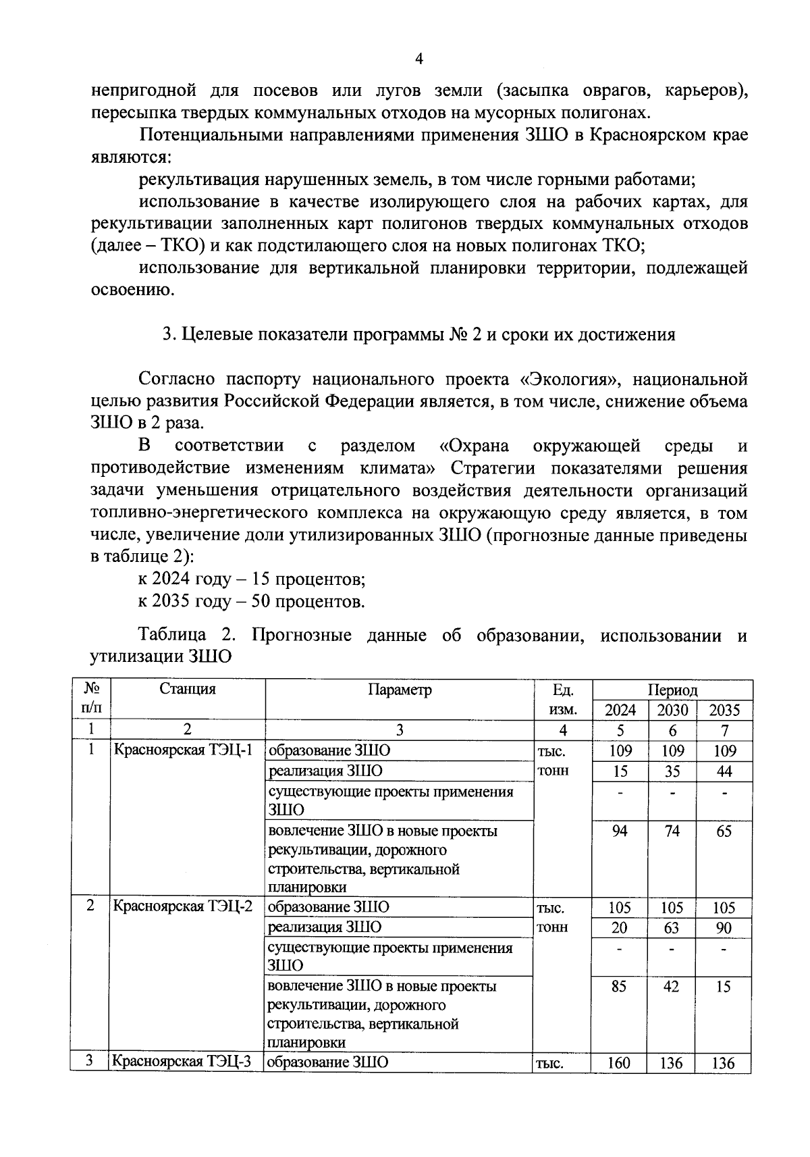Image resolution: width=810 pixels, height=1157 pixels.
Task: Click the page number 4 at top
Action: click(418, 59)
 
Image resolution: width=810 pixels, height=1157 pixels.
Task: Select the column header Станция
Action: click(187, 690)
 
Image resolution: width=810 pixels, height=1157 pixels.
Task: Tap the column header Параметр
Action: click(399, 690)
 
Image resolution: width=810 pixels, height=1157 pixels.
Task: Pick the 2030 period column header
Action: click(672, 710)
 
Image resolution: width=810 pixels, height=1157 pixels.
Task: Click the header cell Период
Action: click(672, 690)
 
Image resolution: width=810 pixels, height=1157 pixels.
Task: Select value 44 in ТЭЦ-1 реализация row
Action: click(724, 771)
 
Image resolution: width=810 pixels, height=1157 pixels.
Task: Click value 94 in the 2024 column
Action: click(620, 831)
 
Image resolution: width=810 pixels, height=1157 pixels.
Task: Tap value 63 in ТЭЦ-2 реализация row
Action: click(672, 928)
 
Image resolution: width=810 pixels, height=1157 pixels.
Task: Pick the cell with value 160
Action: click(619, 1063)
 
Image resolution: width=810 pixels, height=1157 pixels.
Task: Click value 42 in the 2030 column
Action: click(672, 987)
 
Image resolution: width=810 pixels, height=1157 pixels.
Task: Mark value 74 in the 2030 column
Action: click(672, 831)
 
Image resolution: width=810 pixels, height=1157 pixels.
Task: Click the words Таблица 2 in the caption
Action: click(186, 636)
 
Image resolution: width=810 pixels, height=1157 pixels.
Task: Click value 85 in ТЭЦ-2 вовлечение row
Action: click(619, 987)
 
